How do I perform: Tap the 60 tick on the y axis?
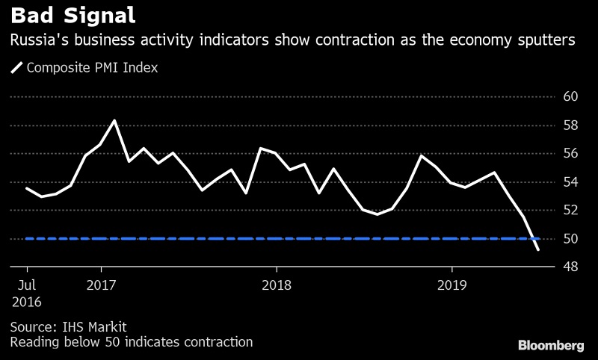[x=570, y=97]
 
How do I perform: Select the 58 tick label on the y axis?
[x=570, y=125]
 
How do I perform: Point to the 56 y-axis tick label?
[x=570, y=154]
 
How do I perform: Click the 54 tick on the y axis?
[x=570, y=182]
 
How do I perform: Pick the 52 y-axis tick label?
[x=570, y=211]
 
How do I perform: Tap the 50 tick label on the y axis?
[x=570, y=239]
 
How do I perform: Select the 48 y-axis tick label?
[x=570, y=267]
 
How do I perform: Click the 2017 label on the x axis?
[x=101, y=285]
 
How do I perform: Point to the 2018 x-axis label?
[x=277, y=285]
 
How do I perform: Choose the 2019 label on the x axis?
[x=451, y=285]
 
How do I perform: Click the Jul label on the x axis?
[x=27, y=285]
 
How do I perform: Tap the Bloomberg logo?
[x=551, y=345]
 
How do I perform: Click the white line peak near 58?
[x=114, y=120]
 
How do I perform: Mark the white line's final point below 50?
[x=538, y=249]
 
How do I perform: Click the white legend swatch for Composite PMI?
[x=16, y=68]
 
